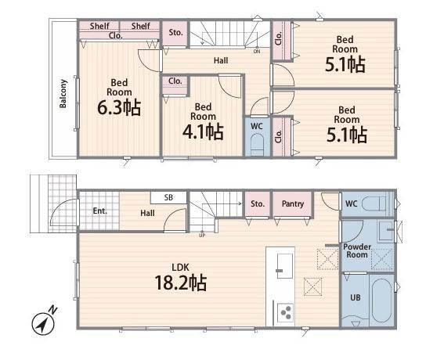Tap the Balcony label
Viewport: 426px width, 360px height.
tap(63, 94)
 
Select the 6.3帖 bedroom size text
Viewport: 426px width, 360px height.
tap(119, 107)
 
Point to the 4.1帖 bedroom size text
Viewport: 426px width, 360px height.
tap(203, 131)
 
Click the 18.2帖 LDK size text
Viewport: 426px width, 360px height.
tap(181, 283)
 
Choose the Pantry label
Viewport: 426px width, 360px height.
tap(293, 203)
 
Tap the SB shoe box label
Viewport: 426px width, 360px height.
tap(168, 197)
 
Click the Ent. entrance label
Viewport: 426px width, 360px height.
tap(99, 211)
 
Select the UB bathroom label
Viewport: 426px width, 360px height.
tap(355, 297)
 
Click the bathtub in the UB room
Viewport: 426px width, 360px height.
tap(381, 301)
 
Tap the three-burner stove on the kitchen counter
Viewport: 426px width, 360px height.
tap(285, 312)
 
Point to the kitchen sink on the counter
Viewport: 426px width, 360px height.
tap(285, 266)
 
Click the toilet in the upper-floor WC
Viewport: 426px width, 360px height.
tap(257, 146)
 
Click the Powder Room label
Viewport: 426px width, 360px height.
tap(357, 250)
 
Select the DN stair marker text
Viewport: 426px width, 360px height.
tap(257, 52)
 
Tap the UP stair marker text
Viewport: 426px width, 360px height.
tap(202, 236)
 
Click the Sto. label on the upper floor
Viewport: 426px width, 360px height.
tap(175, 33)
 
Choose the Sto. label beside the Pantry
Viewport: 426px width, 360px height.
tap(258, 203)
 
